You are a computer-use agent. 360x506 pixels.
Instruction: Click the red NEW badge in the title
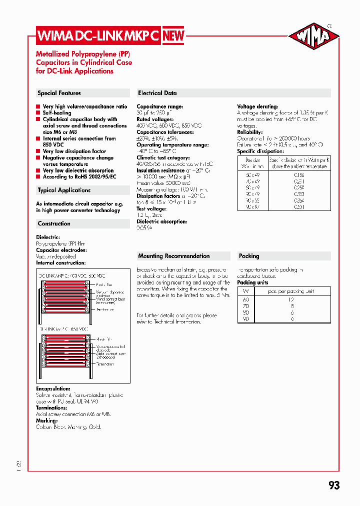click(173, 35)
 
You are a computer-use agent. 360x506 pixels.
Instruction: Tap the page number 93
click(334, 485)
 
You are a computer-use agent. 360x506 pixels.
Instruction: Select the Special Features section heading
click(59, 93)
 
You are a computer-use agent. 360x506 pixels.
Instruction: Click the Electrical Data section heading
click(157, 93)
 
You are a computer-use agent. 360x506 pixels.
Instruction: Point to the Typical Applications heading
click(64, 190)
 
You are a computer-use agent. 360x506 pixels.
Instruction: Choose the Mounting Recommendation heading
click(173, 256)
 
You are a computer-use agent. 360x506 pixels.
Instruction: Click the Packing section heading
click(249, 256)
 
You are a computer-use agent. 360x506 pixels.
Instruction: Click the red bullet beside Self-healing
click(38, 113)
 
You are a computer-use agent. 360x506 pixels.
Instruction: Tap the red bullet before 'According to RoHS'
click(38, 177)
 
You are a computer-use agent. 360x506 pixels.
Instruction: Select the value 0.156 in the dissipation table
click(299, 175)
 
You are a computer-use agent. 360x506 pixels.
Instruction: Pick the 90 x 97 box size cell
click(253, 207)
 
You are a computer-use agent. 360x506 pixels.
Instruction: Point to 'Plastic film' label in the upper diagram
click(104, 285)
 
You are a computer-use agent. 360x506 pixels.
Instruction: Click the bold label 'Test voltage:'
click(151, 209)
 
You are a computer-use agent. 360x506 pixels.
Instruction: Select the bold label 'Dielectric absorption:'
click(161, 221)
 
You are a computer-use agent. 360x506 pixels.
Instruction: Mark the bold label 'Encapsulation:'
click(53, 388)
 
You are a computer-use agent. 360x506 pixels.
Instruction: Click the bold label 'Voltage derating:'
click(257, 106)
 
